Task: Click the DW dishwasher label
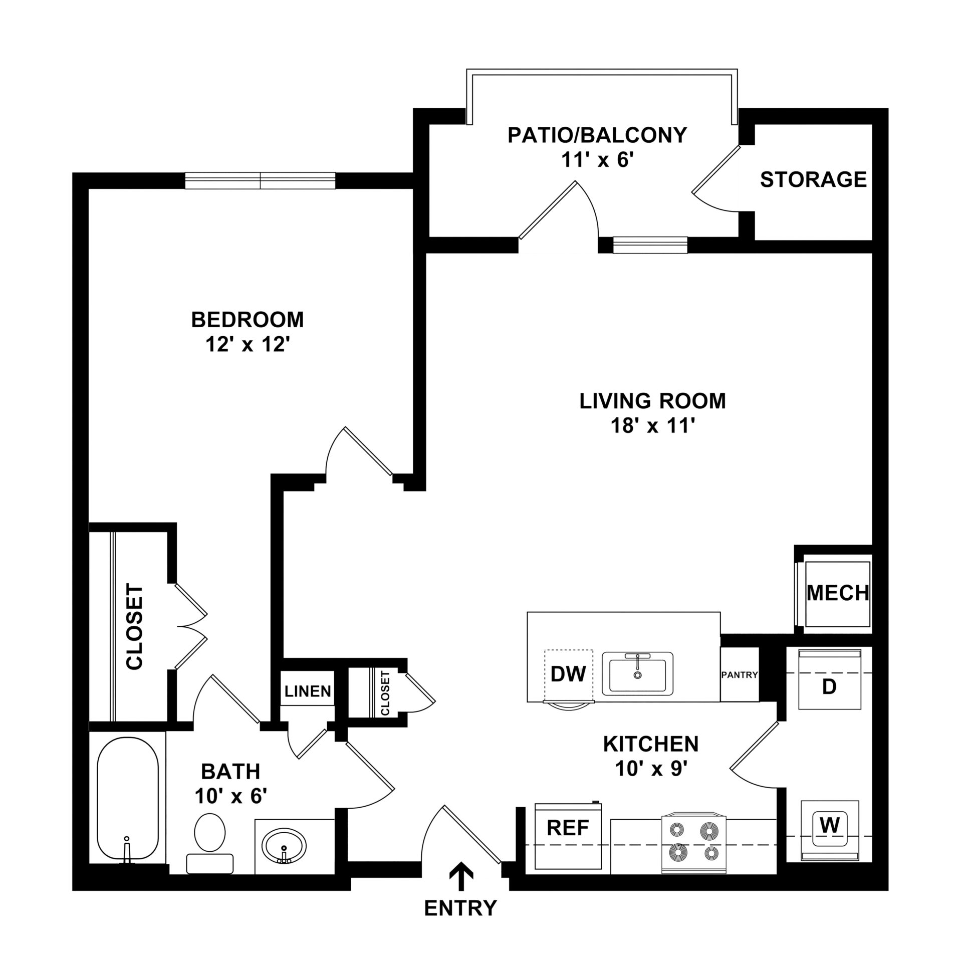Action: [x=568, y=674]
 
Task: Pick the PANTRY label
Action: [x=740, y=675]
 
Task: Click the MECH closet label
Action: [x=838, y=593]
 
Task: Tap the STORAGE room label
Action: [x=814, y=179]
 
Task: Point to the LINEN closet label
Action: [x=308, y=691]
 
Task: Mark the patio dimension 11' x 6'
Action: [x=598, y=161]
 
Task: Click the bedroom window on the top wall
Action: [x=260, y=180]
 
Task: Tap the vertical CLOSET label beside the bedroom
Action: [x=135, y=626]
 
